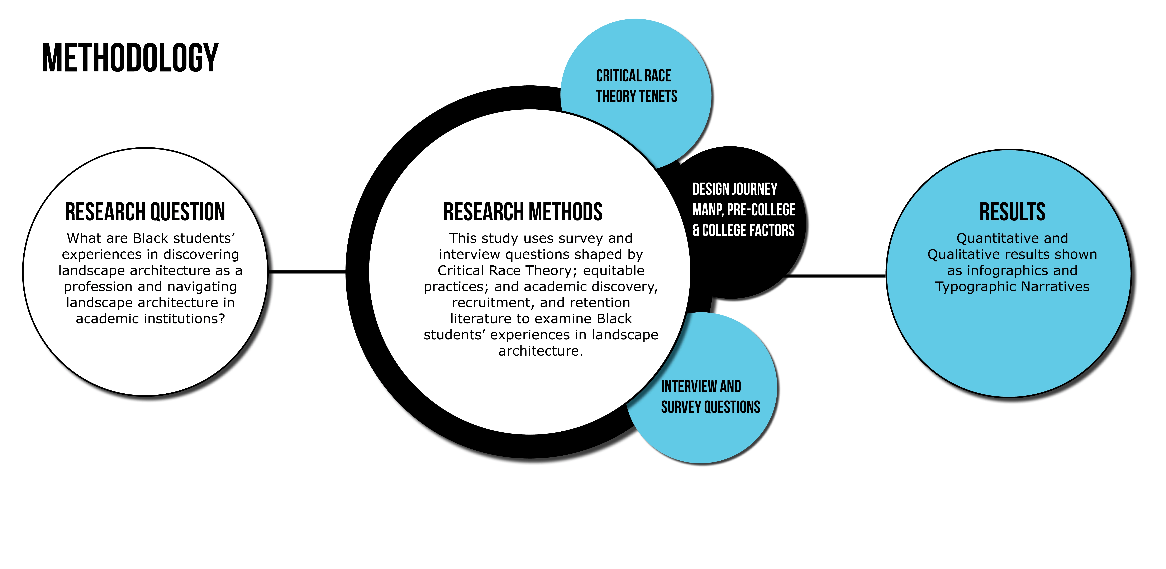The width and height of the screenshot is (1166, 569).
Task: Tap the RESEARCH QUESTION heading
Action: click(145, 212)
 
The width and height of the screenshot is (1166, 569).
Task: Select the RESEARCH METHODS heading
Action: click(523, 212)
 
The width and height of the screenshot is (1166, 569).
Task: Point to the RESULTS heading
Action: click(1012, 212)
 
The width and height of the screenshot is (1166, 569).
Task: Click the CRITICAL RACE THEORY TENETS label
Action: click(636, 86)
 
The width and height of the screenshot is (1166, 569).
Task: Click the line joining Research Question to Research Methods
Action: click(307, 272)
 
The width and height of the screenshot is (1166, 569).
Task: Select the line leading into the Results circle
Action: click(835, 275)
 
